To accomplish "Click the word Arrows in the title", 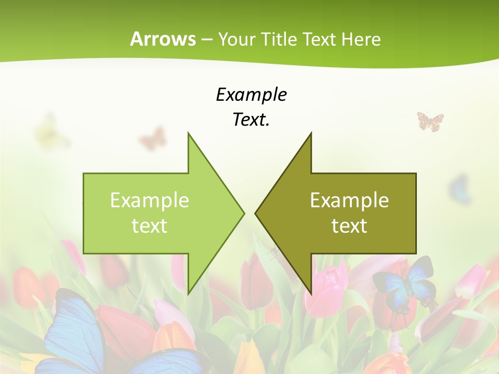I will [162, 39].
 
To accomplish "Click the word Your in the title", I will [237, 39].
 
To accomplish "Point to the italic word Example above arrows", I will [251, 95].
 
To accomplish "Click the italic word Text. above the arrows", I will [251, 119].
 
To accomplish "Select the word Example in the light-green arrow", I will [149, 200].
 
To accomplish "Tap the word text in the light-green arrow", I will [149, 225].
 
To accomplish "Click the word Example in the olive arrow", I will [349, 200].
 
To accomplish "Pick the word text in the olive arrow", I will [349, 225].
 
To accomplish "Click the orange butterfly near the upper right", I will [430, 122].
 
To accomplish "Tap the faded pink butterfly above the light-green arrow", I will [153, 139].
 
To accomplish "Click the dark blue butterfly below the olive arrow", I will [404, 284].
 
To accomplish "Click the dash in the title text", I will [206, 39].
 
